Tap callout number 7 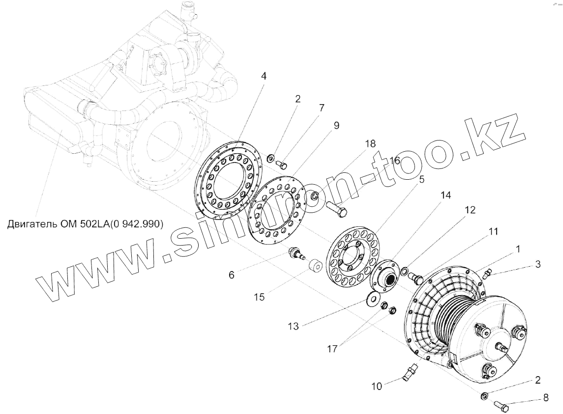pos(321,107)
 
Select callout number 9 pos(336,125)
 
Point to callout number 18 pos(370,144)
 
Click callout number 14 pos(445,195)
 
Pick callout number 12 pos(470,210)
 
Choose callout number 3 pos(538,264)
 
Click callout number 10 pos(377,386)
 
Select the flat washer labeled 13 pos(375,299)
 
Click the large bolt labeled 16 pos(337,211)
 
